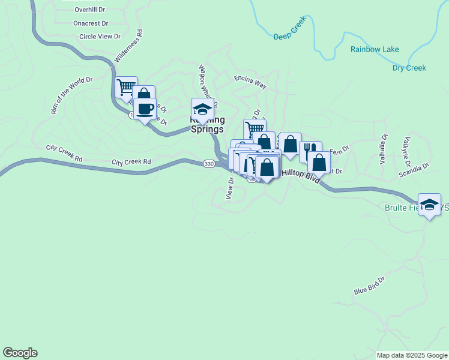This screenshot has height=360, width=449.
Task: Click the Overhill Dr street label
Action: tap(90, 10)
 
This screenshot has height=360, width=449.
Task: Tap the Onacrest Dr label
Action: tap(91, 23)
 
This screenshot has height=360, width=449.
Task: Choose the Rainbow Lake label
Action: tap(375, 49)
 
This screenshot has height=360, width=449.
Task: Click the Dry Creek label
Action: tap(409, 68)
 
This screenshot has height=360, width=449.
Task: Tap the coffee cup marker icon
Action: tap(145, 109)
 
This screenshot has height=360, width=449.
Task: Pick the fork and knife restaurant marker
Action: tap(310, 151)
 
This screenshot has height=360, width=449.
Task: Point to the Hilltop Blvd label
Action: tap(301, 175)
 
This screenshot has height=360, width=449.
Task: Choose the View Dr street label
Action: tap(229, 188)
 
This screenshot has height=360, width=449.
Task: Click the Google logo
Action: tap(20, 353)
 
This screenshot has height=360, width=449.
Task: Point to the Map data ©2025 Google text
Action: tap(411, 355)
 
